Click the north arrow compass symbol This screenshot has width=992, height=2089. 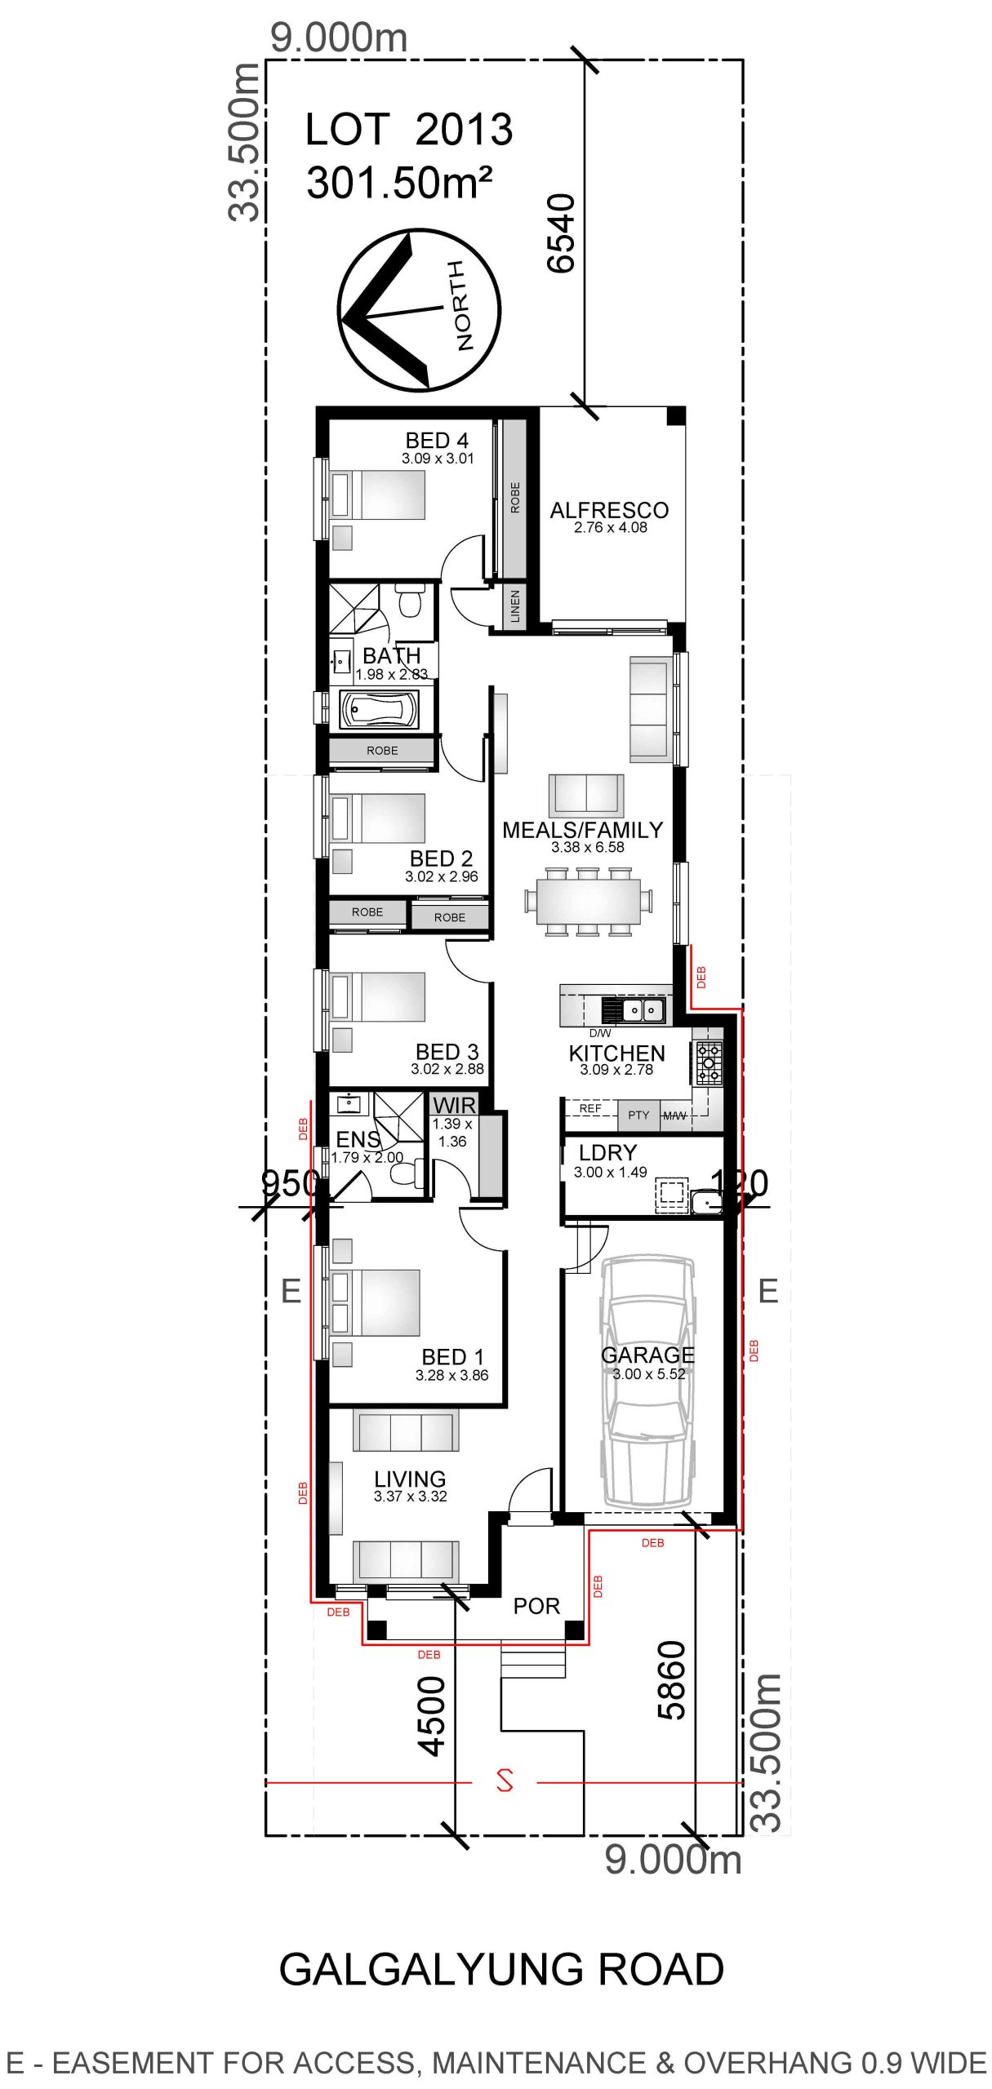point(419,310)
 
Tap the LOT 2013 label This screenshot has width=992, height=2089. point(409,129)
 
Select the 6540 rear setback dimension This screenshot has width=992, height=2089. point(561,233)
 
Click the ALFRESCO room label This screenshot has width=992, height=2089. point(609,510)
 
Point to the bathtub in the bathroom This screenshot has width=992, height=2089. point(380,709)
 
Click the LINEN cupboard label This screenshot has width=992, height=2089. point(514,606)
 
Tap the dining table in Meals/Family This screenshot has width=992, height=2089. point(589,901)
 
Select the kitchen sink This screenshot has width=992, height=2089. point(643,1010)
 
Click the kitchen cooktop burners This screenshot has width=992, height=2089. point(708,1062)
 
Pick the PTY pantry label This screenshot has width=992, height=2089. point(638,1115)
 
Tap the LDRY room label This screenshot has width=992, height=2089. point(607,1152)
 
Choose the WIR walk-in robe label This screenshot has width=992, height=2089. point(454,1105)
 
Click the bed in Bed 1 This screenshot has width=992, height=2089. point(376,1302)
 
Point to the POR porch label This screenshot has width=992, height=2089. point(536,1606)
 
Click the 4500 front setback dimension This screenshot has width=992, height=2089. point(432,1716)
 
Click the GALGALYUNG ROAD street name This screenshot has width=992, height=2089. point(501,1969)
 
